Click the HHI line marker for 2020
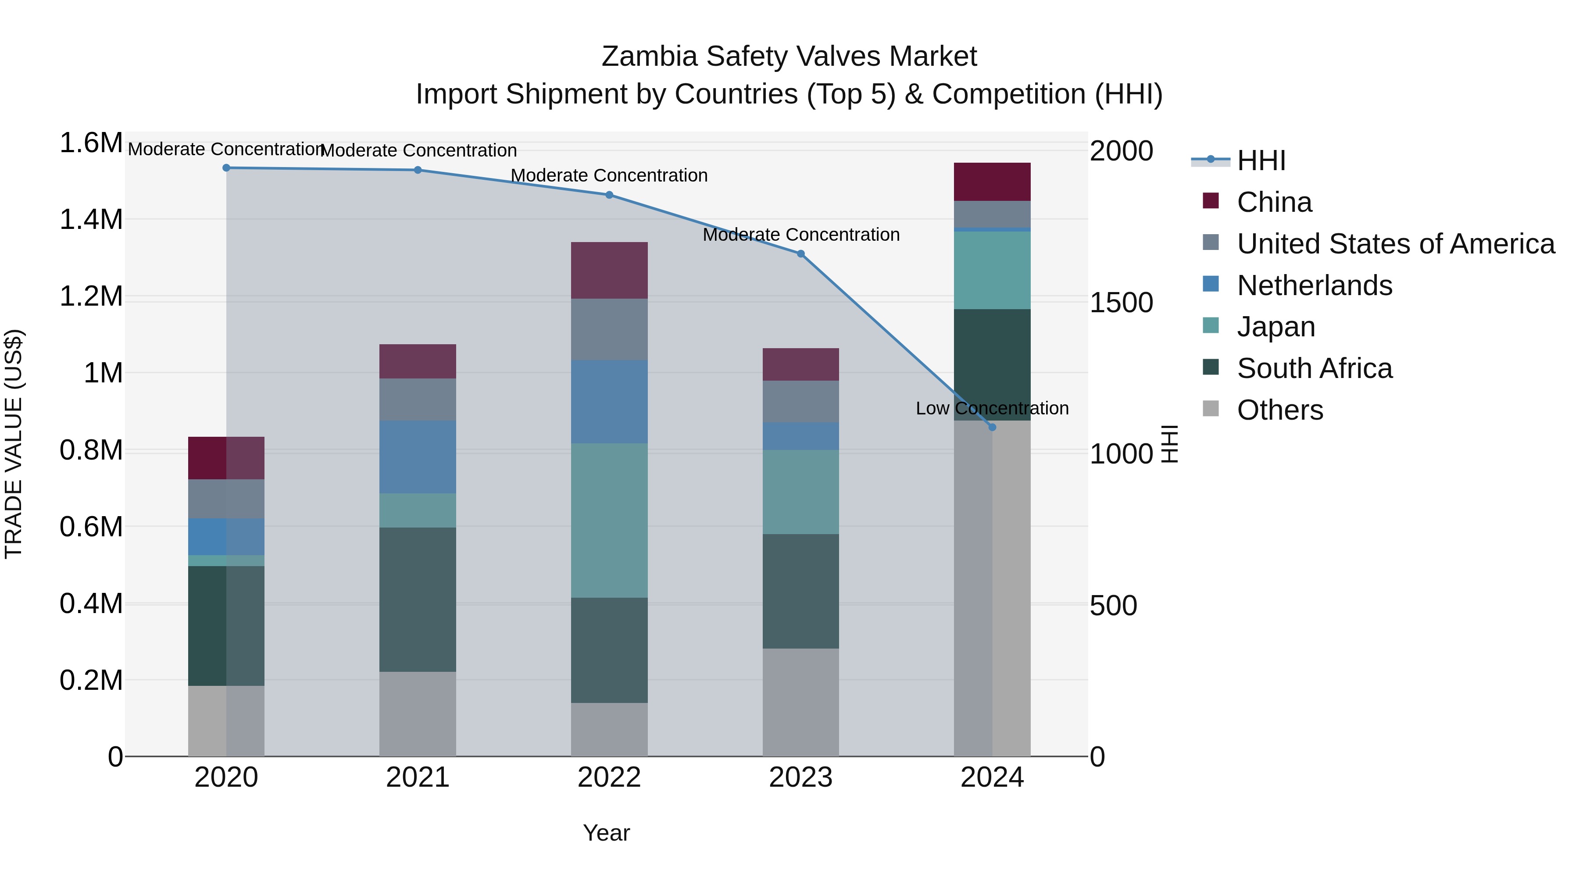(226, 168)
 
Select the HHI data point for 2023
(800, 254)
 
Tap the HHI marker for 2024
(993, 427)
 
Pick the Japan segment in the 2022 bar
(609, 520)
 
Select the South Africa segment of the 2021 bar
(418, 599)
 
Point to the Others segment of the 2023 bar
(800, 703)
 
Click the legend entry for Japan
(1275, 327)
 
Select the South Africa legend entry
(1314, 368)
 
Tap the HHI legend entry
(1261, 160)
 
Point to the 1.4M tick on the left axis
(91, 219)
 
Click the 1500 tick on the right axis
(1121, 302)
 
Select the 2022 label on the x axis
(609, 777)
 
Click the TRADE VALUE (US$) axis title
(14, 444)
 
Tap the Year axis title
(606, 833)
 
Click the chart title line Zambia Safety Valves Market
(789, 57)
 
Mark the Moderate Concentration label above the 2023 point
(800, 235)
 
